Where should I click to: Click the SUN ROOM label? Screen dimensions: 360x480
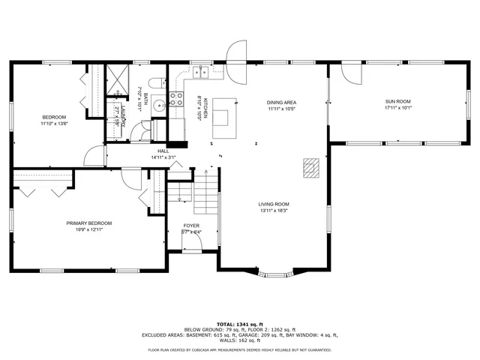pyautogui.click(x=397, y=101)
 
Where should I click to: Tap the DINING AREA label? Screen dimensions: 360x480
pyautogui.click(x=281, y=102)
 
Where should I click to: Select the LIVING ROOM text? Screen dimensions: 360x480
pyautogui.click(x=274, y=204)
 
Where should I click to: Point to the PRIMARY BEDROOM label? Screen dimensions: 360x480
pyautogui.click(x=88, y=223)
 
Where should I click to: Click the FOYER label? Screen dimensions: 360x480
pyautogui.click(x=191, y=226)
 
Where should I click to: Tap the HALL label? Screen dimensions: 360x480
pyautogui.click(x=163, y=151)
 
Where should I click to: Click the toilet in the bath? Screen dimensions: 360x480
pyautogui.click(x=155, y=84)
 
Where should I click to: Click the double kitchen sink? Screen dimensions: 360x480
pyautogui.click(x=200, y=73)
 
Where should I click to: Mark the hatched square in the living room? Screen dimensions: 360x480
pyautogui.click(x=310, y=166)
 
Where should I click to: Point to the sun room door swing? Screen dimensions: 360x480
pyautogui.click(x=349, y=73)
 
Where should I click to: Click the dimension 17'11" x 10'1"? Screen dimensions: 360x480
pyautogui.click(x=397, y=109)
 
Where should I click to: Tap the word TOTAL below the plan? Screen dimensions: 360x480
pyautogui.click(x=226, y=323)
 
